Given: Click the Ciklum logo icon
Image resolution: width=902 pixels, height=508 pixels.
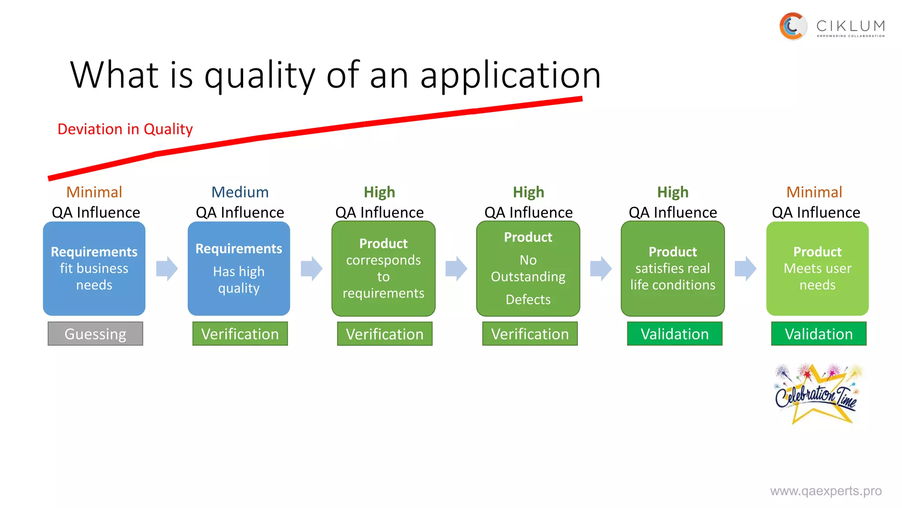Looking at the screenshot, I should (x=793, y=26).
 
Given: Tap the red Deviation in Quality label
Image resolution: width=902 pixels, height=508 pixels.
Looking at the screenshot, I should (x=125, y=129).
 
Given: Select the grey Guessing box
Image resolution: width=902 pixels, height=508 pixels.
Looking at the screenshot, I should (x=95, y=334).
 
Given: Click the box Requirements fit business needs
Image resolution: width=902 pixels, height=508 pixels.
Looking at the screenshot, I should (x=94, y=269).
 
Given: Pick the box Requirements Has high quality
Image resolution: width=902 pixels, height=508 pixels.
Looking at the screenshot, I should (x=239, y=269).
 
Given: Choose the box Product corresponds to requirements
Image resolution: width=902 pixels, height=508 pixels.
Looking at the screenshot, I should (x=383, y=269).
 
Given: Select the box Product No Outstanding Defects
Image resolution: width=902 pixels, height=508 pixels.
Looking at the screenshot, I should (x=528, y=269).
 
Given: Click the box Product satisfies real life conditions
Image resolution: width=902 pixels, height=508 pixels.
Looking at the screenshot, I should (x=673, y=269).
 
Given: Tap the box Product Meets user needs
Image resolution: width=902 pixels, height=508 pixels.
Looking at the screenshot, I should (x=817, y=269).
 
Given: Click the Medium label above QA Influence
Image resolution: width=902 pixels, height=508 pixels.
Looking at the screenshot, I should (x=240, y=192).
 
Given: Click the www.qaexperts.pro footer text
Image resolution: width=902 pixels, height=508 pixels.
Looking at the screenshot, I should (x=826, y=491).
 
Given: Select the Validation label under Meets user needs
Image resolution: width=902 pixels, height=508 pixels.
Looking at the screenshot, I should (x=819, y=334).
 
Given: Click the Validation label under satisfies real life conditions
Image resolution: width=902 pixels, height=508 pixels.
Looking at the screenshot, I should (x=675, y=334).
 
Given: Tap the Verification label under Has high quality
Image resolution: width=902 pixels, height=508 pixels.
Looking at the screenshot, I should (x=240, y=334).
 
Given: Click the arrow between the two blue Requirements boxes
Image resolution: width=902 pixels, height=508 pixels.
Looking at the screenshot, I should (x=167, y=268).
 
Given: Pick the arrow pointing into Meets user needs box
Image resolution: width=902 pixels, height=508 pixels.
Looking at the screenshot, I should (x=745, y=268).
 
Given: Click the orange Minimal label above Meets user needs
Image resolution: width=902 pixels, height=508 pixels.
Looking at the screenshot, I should (x=814, y=192).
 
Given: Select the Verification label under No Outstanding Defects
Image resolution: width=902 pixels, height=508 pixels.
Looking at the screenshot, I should (x=530, y=334).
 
